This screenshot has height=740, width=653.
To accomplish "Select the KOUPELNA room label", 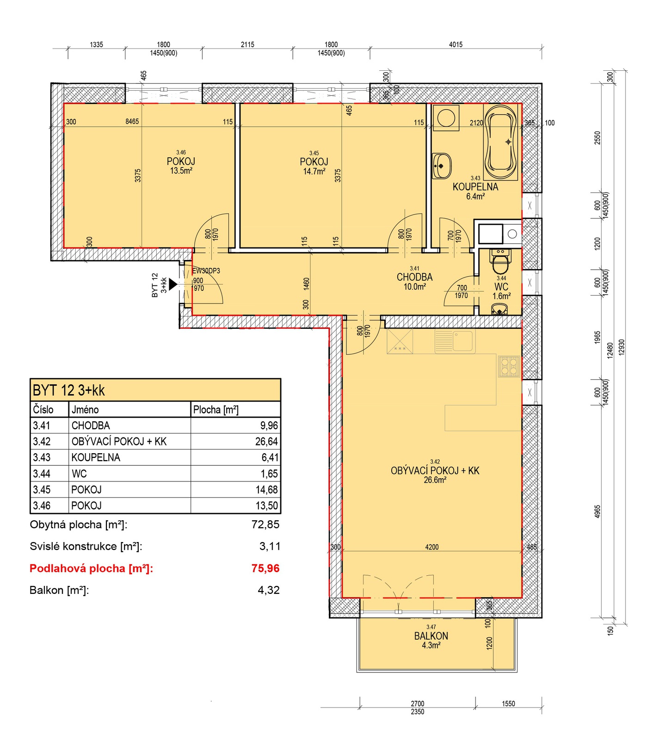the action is pyautogui.click(x=475, y=187).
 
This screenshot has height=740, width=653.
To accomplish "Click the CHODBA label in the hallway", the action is pyautogui.click(x=414, y=277).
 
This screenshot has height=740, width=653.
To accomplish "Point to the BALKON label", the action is pyautogui.click(x=431, y=636).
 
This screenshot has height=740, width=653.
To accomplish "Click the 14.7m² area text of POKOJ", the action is pyautogui.click(x=314, y=171).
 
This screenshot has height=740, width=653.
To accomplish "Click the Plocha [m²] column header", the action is pyautogui.click(x=216, y=410).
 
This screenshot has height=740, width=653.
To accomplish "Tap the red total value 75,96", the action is pyautogui.click(x=265, y=568).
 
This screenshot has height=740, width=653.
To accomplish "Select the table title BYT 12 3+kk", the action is pyautogui.click(x=69, y=390).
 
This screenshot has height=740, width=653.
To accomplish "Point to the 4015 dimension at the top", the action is pyautogui.click(x=456, y=44).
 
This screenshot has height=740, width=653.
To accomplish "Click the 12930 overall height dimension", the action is pyautogui.click(x=622, y=347).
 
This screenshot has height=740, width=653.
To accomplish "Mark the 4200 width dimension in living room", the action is pyautogui.click(x=432, y=547).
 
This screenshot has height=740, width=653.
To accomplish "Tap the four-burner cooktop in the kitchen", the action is pyautogui.click(x=509, y=366).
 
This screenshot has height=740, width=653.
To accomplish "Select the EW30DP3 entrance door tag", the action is pyautogui.click(x=206, y=271).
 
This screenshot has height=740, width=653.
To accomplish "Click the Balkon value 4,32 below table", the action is pyautogui.click(x=269, y=590).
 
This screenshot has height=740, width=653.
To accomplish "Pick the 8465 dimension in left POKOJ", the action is pyautogui.click(x=132, y=122).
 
